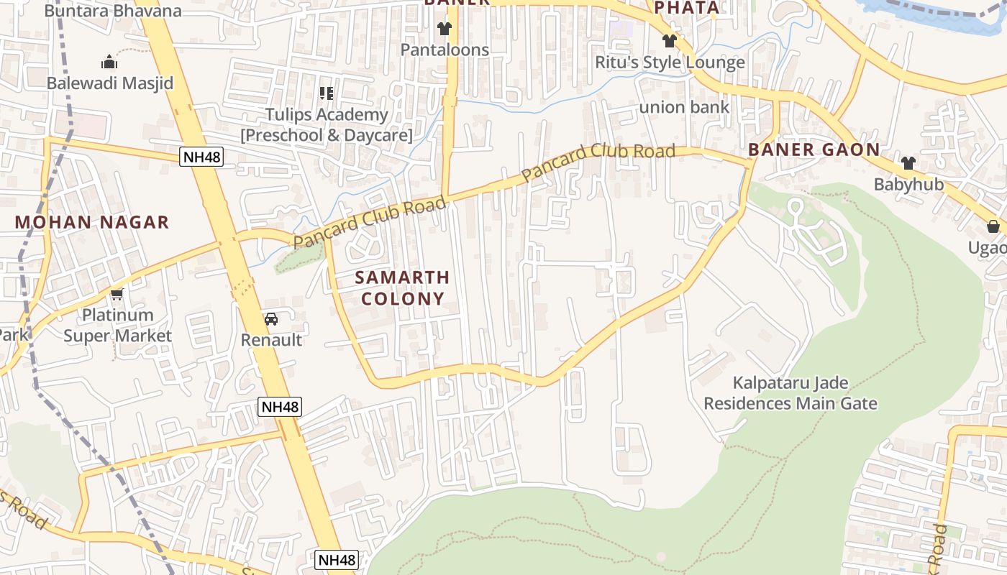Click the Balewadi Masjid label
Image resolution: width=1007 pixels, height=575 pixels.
pos(110,83)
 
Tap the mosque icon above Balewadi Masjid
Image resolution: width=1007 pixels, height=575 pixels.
pos(109,62)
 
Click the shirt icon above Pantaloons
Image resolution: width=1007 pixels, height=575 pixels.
pos(445,29)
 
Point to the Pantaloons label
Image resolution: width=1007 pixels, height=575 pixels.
pos(445,50)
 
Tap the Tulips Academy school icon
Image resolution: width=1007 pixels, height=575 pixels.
pos(327,93)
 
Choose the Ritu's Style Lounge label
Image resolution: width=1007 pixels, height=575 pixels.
pos(670,63)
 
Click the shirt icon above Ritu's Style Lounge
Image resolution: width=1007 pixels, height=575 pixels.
pos(670,41)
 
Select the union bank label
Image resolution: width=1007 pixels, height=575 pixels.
pos(684,107)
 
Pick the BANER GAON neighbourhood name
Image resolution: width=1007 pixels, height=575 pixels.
pos(814,149)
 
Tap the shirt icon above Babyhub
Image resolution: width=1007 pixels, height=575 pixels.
pos(908,163)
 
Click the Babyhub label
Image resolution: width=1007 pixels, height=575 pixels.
pos(908,184)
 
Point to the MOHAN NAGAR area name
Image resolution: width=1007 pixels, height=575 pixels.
pos(92,222)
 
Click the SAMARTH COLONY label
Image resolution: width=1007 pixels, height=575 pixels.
pos(403,287)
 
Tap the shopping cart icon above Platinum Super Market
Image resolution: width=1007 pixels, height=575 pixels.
pos(117,294)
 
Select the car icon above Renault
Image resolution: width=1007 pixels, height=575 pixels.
pos(271,319)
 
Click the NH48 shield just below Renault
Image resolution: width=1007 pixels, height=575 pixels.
pos(280,407)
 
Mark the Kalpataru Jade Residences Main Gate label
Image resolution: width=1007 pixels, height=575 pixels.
pos(790,393)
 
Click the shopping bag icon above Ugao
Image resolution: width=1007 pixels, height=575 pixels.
pos(993,227)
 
